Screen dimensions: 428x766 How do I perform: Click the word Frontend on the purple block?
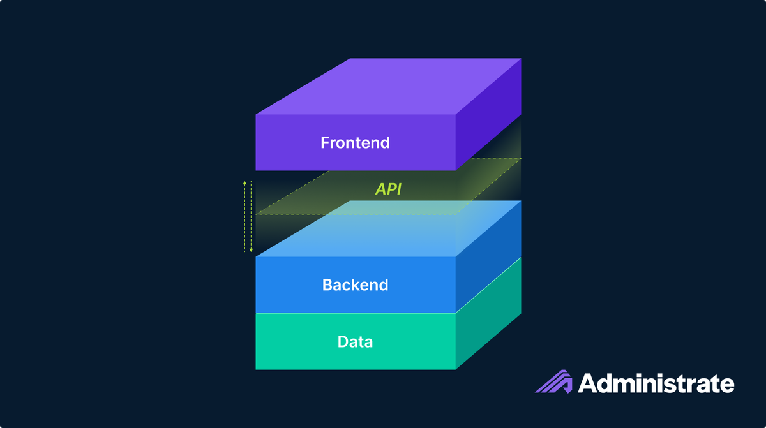coord(355,142)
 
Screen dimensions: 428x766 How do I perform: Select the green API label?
coord(388,189)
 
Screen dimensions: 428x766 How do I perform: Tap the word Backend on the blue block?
coord(355,284)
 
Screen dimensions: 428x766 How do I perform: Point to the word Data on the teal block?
coord(355,342)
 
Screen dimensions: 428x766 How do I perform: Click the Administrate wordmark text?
coord(656,384)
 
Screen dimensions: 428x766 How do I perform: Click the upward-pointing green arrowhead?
coord(244,183)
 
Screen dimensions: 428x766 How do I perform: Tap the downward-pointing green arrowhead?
coord(251,249)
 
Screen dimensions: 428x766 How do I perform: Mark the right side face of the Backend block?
coord(488,255)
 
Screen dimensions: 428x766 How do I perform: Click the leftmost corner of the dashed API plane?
coord(257,214)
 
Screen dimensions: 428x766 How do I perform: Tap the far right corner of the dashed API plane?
coord(521,158)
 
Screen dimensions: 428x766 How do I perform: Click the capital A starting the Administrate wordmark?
coord(589,384)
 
